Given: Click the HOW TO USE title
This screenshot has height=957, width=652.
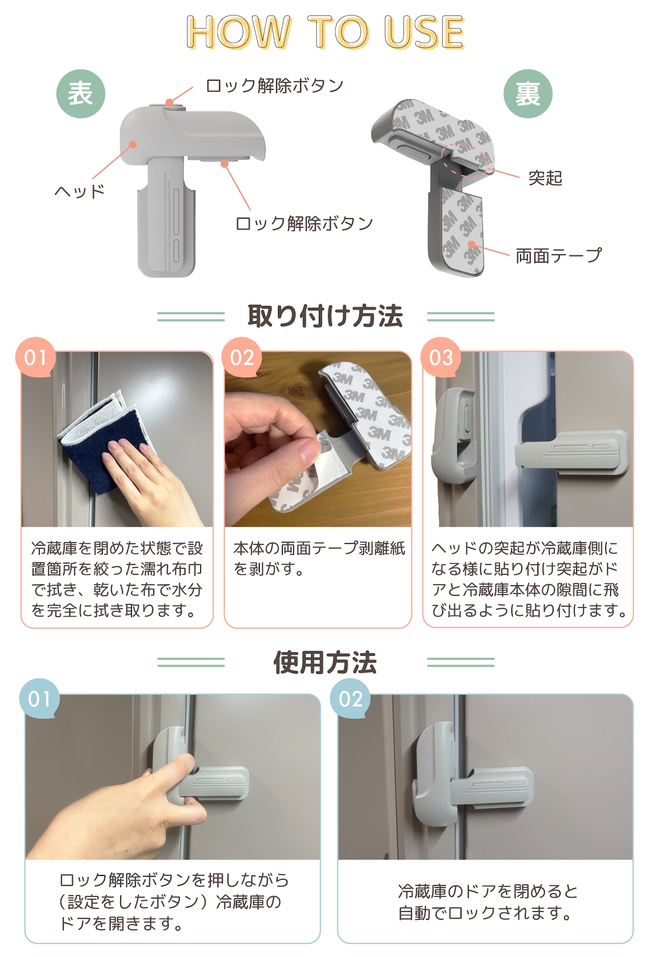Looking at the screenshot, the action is point(325,32).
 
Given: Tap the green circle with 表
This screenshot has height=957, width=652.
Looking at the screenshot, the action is point(80,94).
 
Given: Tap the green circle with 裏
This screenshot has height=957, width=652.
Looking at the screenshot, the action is point(528,94).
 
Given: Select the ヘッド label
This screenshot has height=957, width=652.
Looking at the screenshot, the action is point(79,191).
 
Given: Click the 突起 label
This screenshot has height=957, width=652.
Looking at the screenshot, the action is point(545,178).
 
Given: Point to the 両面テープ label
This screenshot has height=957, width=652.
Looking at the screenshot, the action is point(559,255).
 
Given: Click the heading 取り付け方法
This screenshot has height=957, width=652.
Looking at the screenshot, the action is point(325,316).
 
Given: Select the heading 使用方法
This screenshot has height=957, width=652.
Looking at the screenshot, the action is point(325,662).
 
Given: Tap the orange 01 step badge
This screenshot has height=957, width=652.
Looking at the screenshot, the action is point(36,357).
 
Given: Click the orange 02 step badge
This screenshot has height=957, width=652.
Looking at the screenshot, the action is point(242,357).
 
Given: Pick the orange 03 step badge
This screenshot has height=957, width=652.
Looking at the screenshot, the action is point(441,357).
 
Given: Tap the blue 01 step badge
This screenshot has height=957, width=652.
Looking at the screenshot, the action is point(40,699).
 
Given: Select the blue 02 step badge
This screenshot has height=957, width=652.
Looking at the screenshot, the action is point(350,699).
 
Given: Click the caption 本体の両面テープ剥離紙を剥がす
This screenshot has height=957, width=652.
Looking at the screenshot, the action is point(319,558).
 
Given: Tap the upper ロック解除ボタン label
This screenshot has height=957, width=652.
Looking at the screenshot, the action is point(275,85).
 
